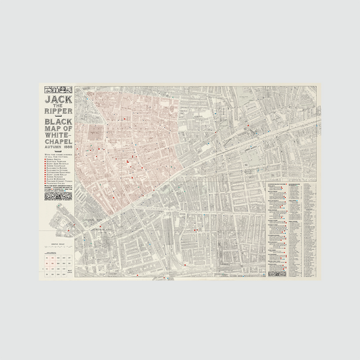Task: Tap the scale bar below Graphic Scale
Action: [x=58, y=247]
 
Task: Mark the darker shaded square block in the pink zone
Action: [x=96, y=134]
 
